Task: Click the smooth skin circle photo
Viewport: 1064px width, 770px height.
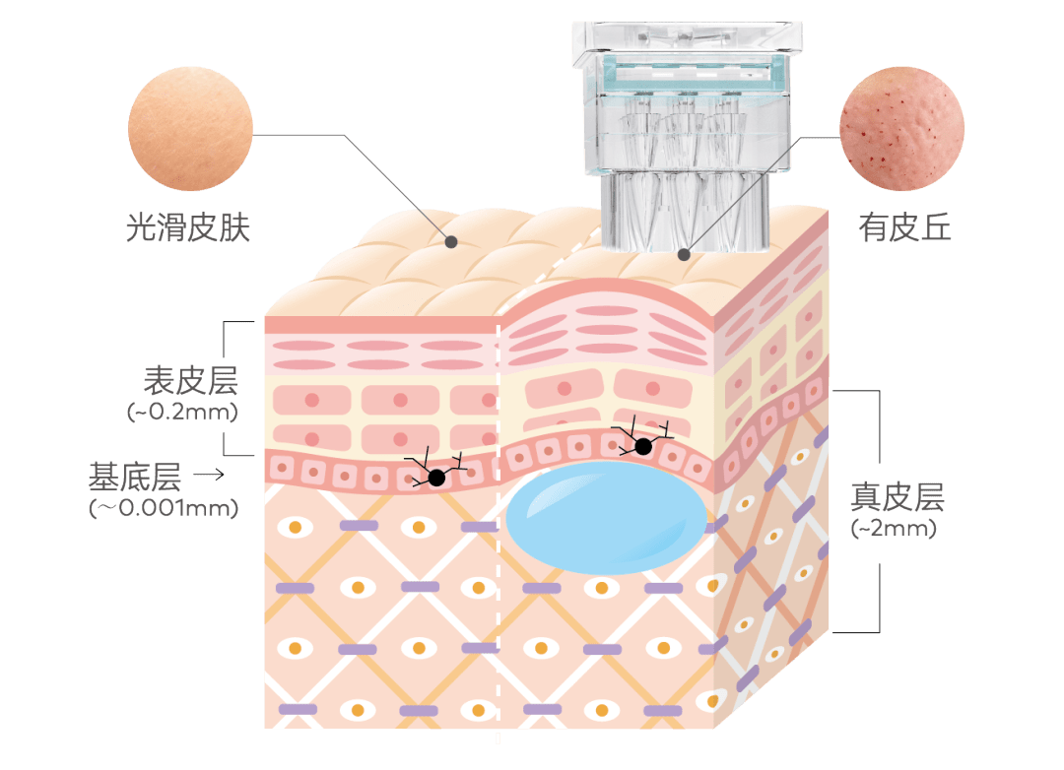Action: (x=191, y=129)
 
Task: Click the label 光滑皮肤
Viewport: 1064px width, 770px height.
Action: (x=189, y=227)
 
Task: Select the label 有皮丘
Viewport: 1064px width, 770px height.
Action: (x=904, y=227)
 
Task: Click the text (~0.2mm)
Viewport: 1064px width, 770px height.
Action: (x=183, y=412)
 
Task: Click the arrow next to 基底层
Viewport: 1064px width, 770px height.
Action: (x=208, y=477)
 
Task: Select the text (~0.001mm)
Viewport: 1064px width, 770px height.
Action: (x=164, y=508)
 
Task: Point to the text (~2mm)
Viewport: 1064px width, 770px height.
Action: (x=894, y=529)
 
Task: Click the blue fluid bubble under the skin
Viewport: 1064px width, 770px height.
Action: (x=606, y=517)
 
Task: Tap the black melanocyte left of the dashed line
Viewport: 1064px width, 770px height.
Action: (x=435, y=478)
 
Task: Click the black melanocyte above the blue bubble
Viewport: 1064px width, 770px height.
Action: (x=643, y=446)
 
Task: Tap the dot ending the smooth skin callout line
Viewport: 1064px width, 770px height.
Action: (x=451, y=240)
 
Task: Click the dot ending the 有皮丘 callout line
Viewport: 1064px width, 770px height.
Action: (x=683, y=253)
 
